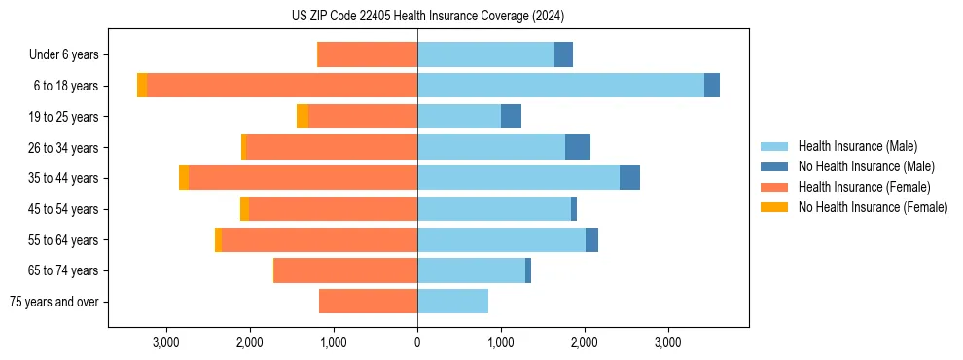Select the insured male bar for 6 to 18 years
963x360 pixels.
pyautogui.click(x=560, y=86)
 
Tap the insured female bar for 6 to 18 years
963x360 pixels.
pyautogui.click(x=282, y=86)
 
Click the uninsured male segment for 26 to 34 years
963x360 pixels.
pyautogui.click(x=577, y=147)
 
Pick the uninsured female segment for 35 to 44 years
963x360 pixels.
pyautogui.click(x=184, y=178)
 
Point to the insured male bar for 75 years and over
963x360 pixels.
pyautogui.click(x=452, y=302)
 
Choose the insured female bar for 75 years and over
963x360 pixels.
pyautogui.click(x=368, y=302)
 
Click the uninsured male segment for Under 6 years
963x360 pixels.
pyautogui.click(x=563, y=54)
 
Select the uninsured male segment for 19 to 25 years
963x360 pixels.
pyautogui.click(x=511, y=117)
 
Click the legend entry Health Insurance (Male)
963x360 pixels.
pyautogui.click(x=857, y=146)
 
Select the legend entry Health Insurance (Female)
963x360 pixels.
pyautogui.click(x=864, y=187)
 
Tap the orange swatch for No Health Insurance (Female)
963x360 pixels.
pyautogui.click(x=774, y=207)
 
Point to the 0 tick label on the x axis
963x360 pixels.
pyautogui.click(x=417, y=342)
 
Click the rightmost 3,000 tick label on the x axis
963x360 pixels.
pyautogui.click(x=667, y=342)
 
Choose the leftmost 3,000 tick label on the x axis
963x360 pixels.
pyautogui.click(x=166, y=342)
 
